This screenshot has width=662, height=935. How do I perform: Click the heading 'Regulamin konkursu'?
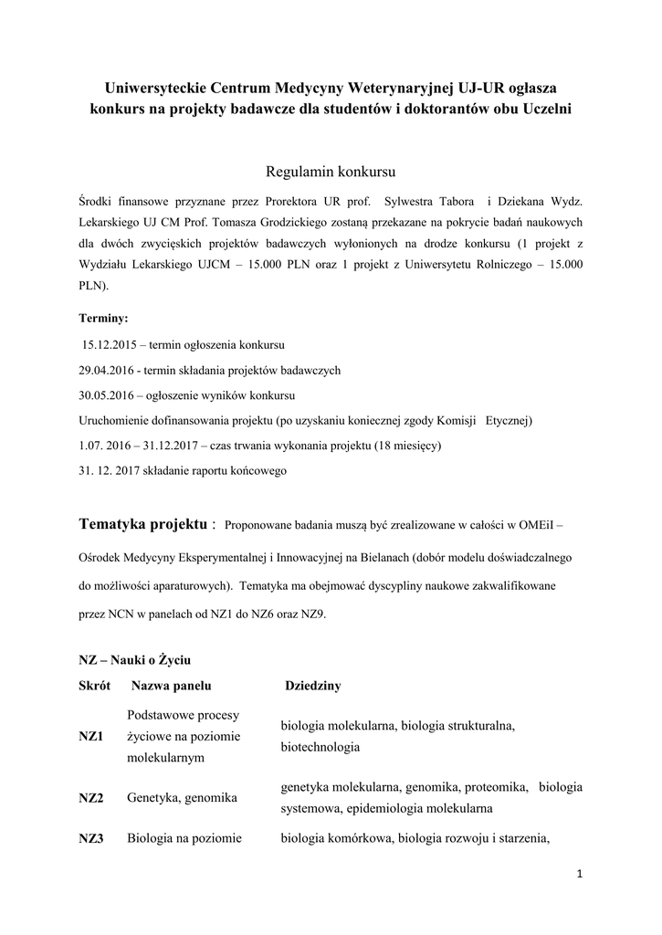pos(330,172)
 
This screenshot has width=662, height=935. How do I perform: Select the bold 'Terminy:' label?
pos(104,319)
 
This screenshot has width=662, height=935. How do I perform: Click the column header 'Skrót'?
pos(95,685)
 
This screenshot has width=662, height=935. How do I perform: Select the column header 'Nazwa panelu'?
pos(172,685)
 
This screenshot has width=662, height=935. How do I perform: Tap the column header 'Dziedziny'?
pos(313,685)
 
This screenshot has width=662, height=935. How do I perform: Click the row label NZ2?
pos(91,797)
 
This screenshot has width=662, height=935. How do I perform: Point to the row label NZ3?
pos(91,838)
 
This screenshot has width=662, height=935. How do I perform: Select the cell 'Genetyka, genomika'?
pos(183,797)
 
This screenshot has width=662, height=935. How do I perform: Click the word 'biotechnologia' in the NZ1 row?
pos(320,746)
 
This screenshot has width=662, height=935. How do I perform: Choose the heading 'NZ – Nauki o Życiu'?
pos(134,658)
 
